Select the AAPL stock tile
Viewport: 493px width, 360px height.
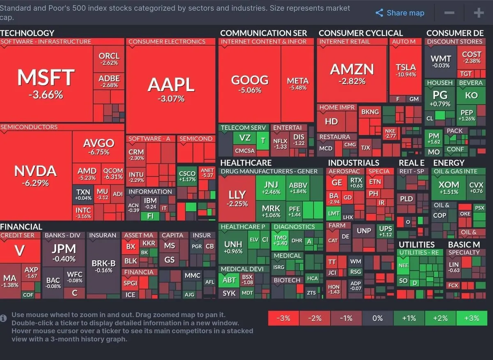click(x=171, y=88)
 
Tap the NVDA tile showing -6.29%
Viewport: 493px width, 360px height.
click(x=36, y=174)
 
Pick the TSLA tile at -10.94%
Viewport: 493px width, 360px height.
click(x=405, y=70)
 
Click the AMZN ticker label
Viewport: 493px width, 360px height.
click(x=352, y=69)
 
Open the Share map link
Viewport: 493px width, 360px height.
click(x=400, y=13)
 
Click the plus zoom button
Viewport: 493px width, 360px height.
click(x=478, y=13)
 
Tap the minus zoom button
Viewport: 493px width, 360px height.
click(x=449, y=13)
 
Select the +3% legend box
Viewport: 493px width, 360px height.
click(x=471, y=318)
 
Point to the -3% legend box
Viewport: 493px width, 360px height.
click(x=283, y=318)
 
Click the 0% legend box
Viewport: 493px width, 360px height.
click(x=378, y=318)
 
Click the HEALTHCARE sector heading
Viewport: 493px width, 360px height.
click(x=246, y=163)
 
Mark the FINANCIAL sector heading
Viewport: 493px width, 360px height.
click(x=21, y=227)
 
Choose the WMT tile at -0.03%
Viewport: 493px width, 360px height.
click(x=441, y=61)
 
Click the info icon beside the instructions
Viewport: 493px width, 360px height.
click(x=4, y=318)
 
